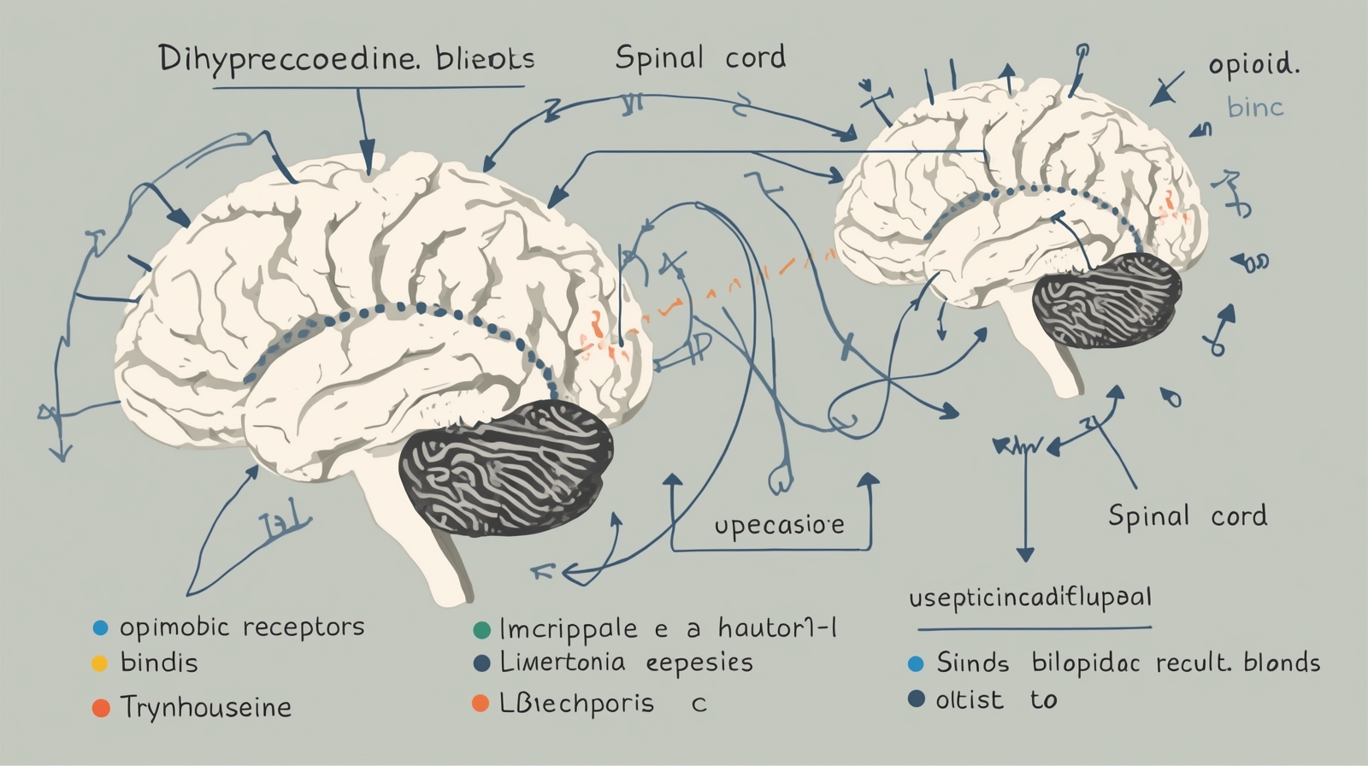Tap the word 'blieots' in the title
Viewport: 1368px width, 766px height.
485,59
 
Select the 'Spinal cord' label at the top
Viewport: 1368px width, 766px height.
700,58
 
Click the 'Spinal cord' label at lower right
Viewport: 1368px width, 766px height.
1188,516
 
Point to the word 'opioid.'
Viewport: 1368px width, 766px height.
1253,65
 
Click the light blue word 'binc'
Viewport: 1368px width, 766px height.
1255,108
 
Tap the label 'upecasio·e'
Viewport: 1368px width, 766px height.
779,525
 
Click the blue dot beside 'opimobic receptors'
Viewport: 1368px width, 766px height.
100,628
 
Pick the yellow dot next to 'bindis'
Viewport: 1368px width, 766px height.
100,663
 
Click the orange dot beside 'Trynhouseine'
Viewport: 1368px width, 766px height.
101,708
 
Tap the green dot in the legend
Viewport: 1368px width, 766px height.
481,631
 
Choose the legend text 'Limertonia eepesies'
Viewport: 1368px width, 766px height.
626,663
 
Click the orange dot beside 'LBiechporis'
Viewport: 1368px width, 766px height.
481,704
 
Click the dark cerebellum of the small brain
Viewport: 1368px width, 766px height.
1106,300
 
